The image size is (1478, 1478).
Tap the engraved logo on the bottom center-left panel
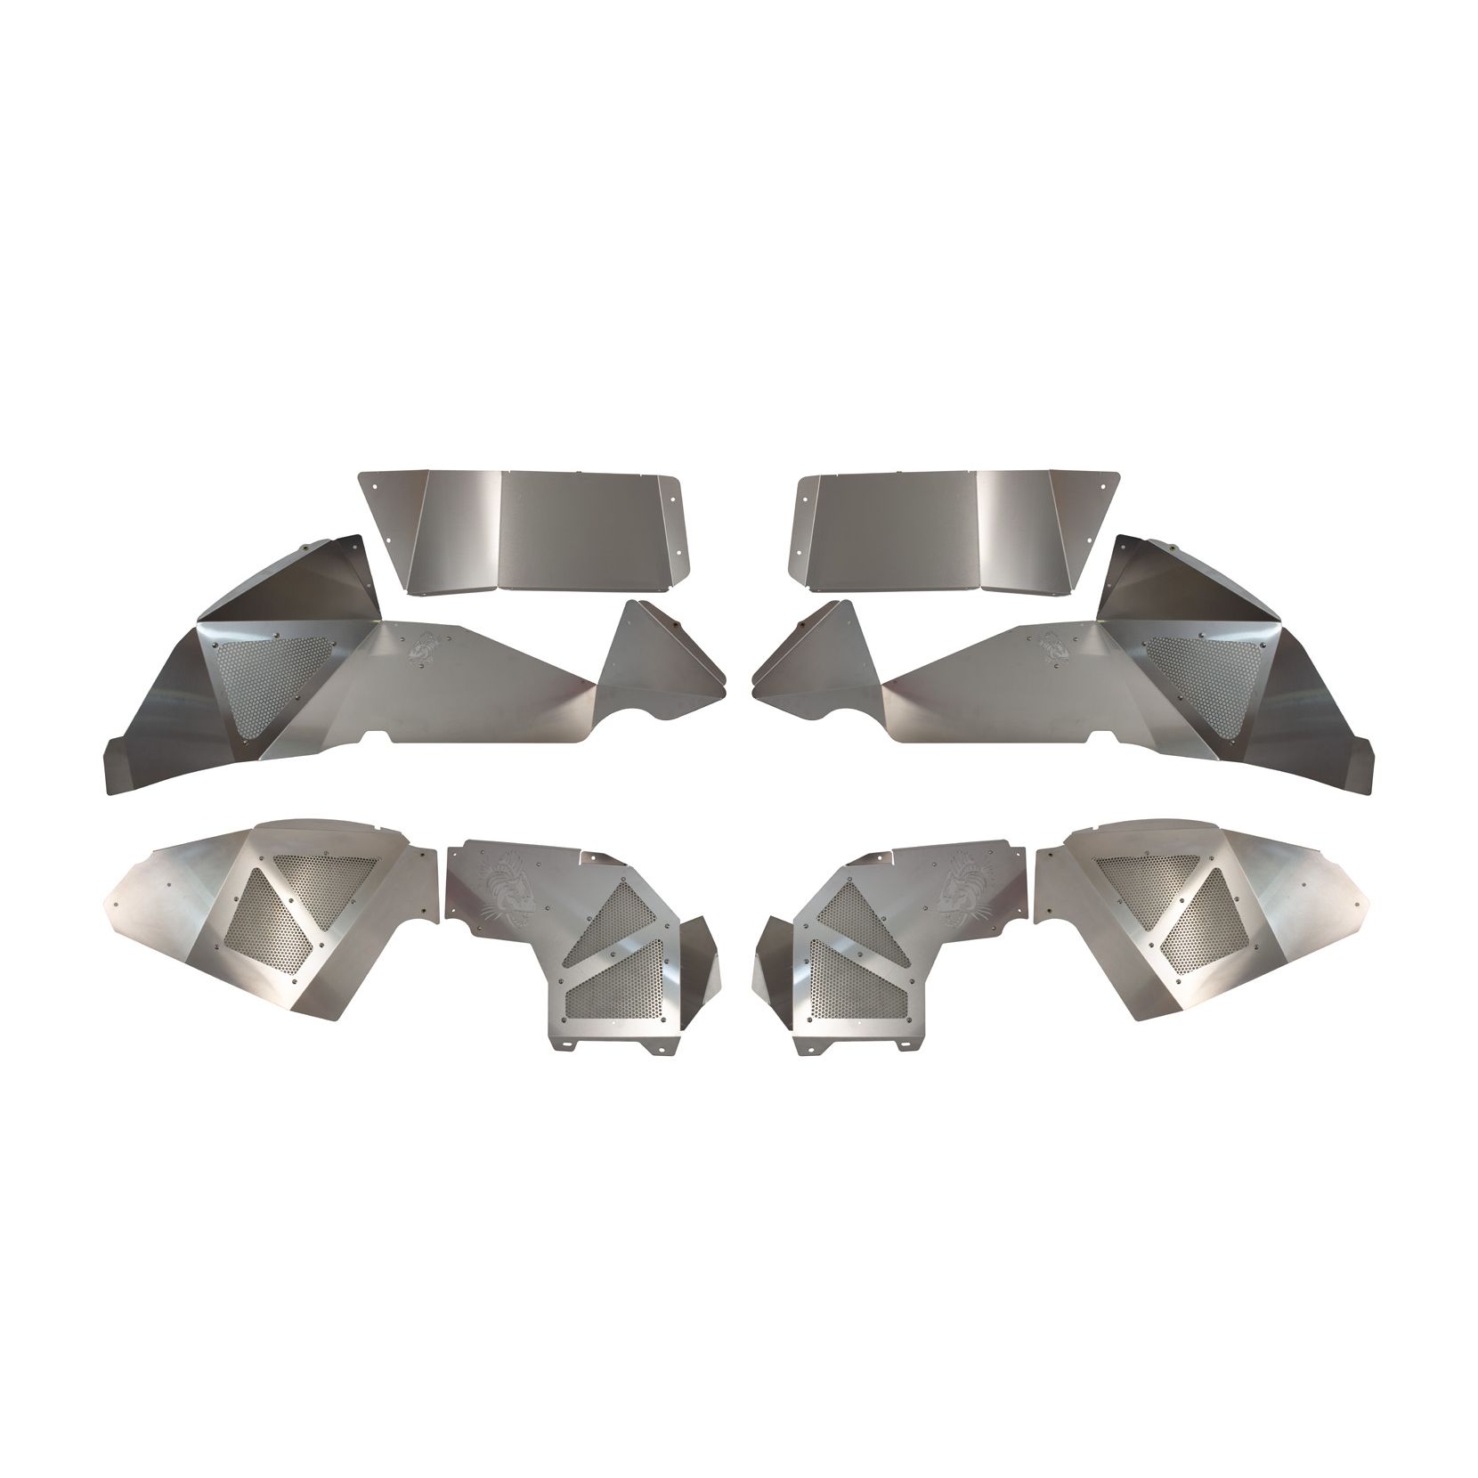point(512,881)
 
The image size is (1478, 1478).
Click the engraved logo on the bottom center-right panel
point(967,881)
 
